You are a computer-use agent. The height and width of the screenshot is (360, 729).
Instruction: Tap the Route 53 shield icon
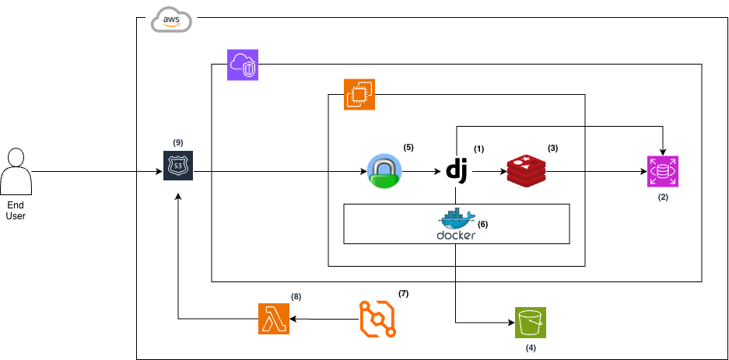179,166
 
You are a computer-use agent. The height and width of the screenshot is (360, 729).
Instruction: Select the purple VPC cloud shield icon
243,65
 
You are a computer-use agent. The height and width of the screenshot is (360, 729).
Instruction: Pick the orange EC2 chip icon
359,94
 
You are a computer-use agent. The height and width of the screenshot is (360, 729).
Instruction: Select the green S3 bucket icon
531,322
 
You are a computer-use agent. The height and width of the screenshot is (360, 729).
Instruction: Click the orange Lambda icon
273,319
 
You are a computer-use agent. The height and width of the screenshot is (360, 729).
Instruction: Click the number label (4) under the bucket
531,348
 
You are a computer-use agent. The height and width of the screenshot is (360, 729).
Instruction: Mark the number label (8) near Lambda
296,296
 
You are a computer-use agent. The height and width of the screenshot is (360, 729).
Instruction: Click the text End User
16,210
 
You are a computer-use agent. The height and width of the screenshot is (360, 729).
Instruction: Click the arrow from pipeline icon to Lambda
323,319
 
